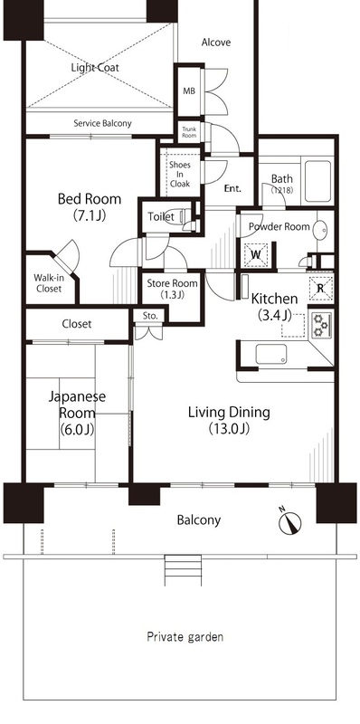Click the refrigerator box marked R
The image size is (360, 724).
[321, 288]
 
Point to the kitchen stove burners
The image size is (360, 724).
[320, 325]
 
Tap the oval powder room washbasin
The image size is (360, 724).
[320, 230]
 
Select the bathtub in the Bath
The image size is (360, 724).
[317, 182]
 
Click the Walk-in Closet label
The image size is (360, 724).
[48, 283]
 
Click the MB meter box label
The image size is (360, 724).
[189, 91]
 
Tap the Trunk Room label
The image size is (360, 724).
[189, 132]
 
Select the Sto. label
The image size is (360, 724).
[150, 316]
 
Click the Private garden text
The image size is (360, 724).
[185, 637]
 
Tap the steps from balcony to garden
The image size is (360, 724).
[184, 570]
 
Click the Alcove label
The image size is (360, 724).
[216, 43]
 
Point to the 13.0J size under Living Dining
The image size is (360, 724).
[229, 429]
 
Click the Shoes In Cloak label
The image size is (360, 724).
[179, 174]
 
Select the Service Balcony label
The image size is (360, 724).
[102, 123]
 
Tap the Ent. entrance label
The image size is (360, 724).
[233, 188]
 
